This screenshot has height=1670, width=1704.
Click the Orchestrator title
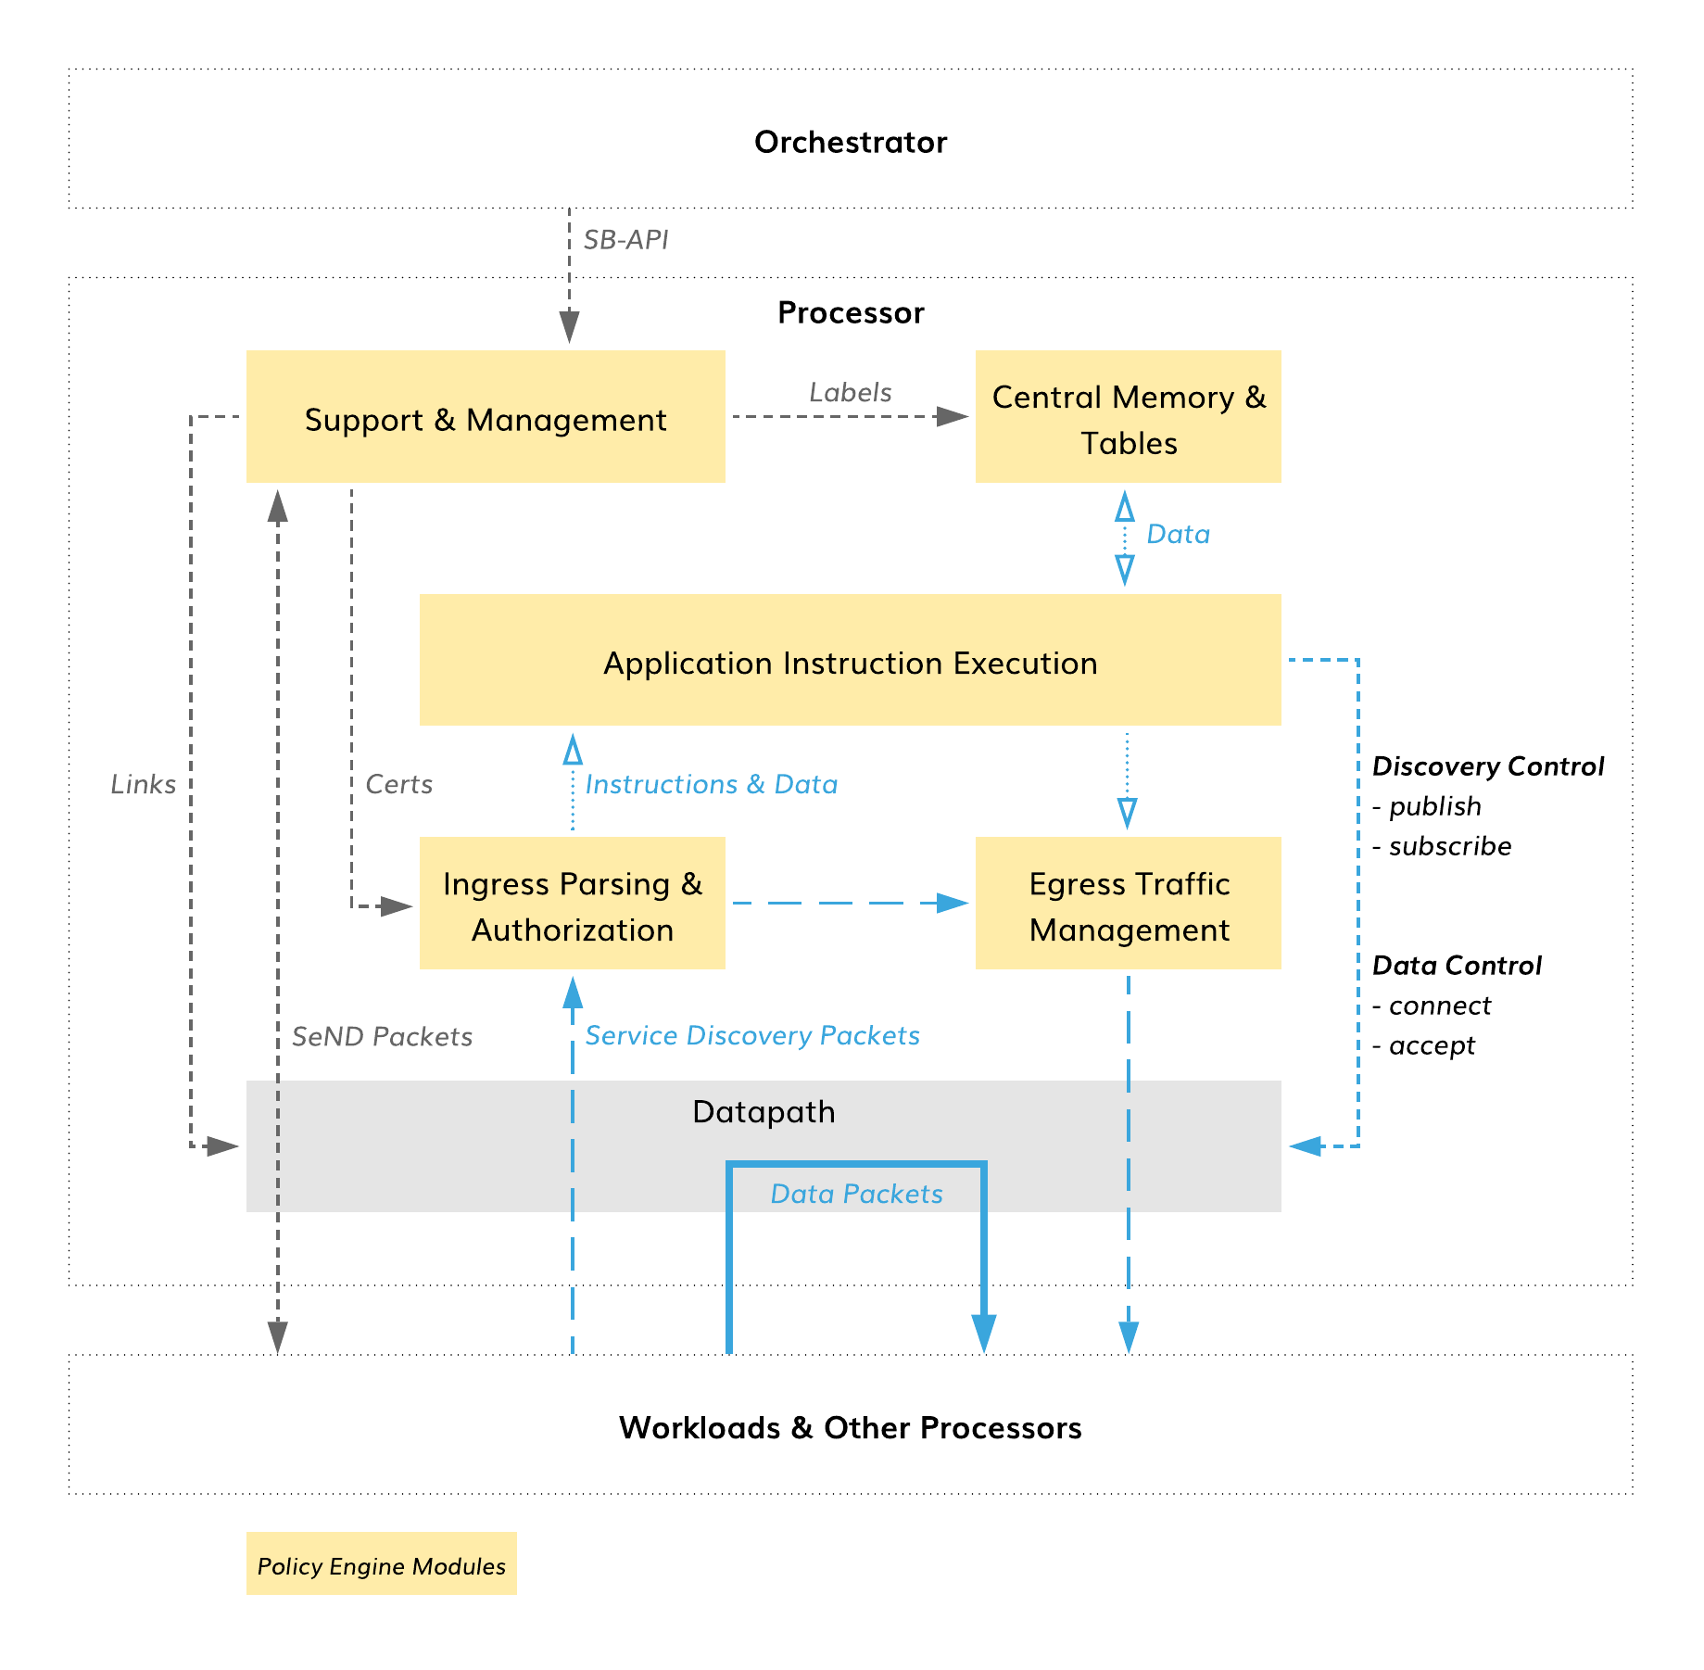pyautogui.click(x=851, y=142)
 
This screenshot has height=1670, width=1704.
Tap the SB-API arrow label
pyautogui.click(x=625, y=240)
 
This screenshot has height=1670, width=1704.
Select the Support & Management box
pyautogui.click(x=486, y=416)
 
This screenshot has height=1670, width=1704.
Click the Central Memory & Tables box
pyautogui.click(x=1129, y=416)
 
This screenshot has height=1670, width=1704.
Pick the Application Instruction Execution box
pyautogui.click(x=851, y=660)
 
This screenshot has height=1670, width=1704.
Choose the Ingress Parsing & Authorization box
pyautogui.click(x=573, y=904)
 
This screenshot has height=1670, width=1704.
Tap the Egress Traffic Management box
pyautogui.click(x=1129, y=904)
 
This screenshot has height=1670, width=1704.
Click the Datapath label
pyautogui.click(x=764, y=1112)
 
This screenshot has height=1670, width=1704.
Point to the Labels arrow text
pyautogui.click(x=851, y=392)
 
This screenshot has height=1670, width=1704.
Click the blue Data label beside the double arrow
pyautogui.click(x=1179, y=534)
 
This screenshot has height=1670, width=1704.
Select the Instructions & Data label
pyautogui.click(x=712, y=784)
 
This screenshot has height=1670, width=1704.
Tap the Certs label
pyautogui.click(x=399, y=784)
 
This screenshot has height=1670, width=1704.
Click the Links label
pyautogui.click(x=144, y=784)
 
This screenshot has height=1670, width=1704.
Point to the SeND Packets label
pyautogui.click(x=383, y=1036)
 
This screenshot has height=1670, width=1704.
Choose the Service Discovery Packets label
pyautogui.click(x=752, y=1035)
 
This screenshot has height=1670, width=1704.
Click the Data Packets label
pyautogui.click(x=857, y=1194)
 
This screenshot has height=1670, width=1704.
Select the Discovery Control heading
pyautogui.click(x=1488, y=766)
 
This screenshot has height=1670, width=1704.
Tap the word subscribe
pyautogui.click(x=1450, y=846)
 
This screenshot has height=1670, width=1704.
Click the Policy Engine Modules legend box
pyautogui.click(x=382, y=1563)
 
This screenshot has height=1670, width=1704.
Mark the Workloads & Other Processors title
pyautogui.click(x=851, y=1428)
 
